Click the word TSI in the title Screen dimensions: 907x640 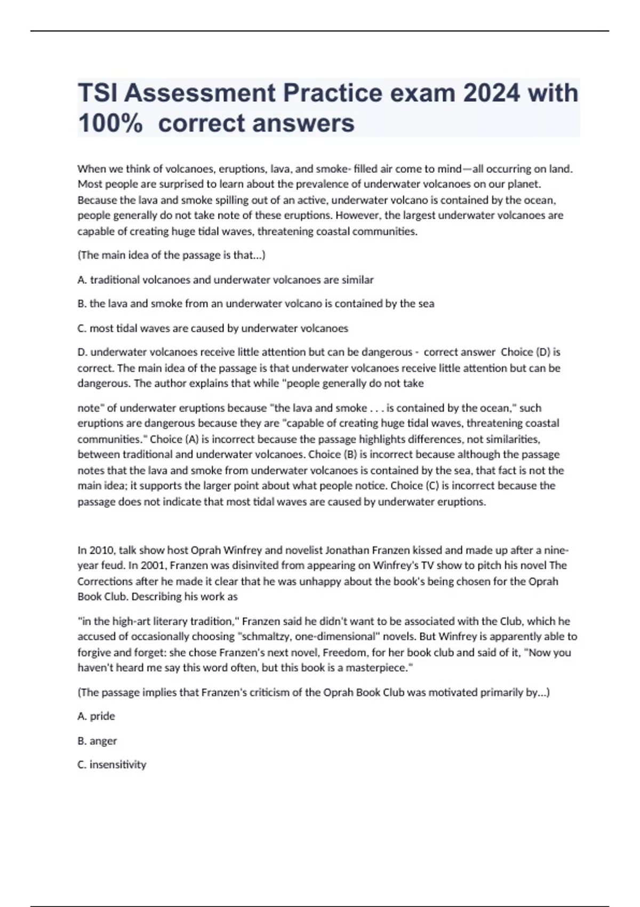click(x=97, y=93)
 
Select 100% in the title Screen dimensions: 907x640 click(x=110, y=123)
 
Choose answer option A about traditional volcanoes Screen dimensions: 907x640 click(x=226, y=280)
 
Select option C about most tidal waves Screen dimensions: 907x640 click(x=213, y=328)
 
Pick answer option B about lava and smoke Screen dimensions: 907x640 click(x=256, y=304)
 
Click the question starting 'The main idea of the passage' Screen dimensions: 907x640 click(x=172, y=255)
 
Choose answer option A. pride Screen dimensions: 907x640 click(x=97, y=716)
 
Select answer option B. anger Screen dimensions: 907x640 click(x=97, y=741)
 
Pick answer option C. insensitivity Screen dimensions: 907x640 click(x=112, y=765)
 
